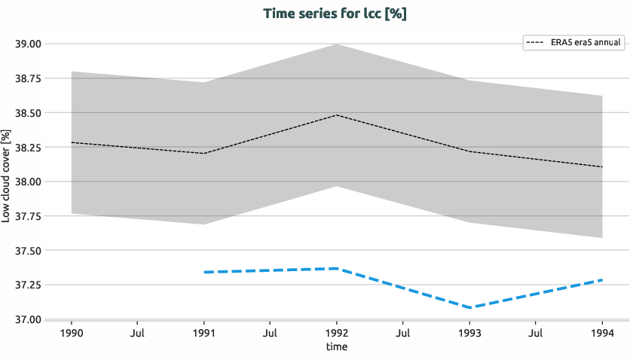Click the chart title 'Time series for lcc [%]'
(335, 14)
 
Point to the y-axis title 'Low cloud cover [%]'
(7, 175)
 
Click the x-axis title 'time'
(336, 347)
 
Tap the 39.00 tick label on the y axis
(28, 44)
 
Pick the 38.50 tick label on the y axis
(28, 113)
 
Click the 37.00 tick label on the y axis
(28, 319)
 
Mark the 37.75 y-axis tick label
(28, 216)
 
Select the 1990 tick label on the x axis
(71, 332)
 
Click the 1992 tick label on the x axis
(336, 332)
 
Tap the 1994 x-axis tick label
(601, 332)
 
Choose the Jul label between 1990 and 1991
(137, 332)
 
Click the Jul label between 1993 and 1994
(536, 332)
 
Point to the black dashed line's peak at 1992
(336, 115)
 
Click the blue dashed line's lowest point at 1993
(469, 307)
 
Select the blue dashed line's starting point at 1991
(204, 272)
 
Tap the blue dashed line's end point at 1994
(601, 280)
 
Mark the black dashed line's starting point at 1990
(72, 142)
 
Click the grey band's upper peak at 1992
(336, 44)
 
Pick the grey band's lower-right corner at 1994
(601, 237)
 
